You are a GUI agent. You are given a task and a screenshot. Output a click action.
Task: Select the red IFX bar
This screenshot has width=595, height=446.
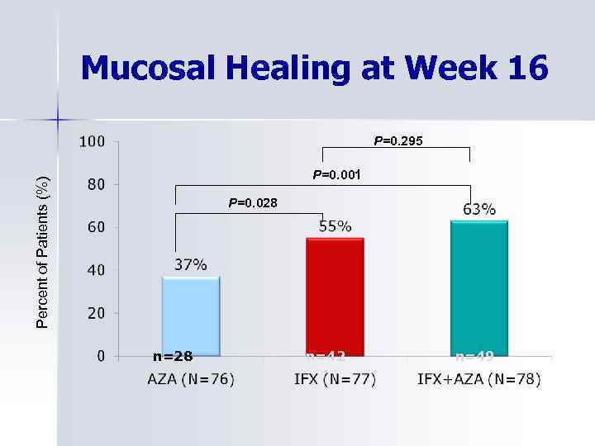pos(335,297)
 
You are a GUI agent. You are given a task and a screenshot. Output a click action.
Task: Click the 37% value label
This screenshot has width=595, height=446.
pos(190,264)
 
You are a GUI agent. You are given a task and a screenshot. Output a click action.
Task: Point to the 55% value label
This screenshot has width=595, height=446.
pos(335,225)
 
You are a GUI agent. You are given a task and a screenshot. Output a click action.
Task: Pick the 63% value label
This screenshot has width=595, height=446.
pos(479,209)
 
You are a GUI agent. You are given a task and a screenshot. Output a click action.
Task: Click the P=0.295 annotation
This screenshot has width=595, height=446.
pos(398,141)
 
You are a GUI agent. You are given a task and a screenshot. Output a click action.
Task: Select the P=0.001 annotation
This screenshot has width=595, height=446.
pos(336,175)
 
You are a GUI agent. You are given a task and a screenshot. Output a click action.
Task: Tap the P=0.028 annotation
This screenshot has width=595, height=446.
pos(253,202)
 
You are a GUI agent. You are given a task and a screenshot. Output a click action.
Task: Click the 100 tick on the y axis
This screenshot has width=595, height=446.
pos(92,141)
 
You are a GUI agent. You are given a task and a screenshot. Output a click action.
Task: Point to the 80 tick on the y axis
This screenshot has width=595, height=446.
pos(96,184)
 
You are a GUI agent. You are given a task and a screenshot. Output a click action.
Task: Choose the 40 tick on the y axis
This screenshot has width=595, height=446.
pos(96,270)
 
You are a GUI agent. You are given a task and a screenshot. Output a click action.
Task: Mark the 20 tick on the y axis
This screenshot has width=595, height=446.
pos(96,313)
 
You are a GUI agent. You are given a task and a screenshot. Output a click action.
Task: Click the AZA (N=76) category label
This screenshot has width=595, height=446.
pos(191,379)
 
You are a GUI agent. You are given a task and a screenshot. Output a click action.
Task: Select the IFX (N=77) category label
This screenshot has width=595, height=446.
pos(335,379)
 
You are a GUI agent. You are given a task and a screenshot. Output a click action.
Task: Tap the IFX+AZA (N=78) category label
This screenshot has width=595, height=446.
pos(479,379)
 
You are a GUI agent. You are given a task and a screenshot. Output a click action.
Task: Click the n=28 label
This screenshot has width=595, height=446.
pos(173,357)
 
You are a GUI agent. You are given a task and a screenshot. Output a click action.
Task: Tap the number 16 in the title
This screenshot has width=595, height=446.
pos(528,68)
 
